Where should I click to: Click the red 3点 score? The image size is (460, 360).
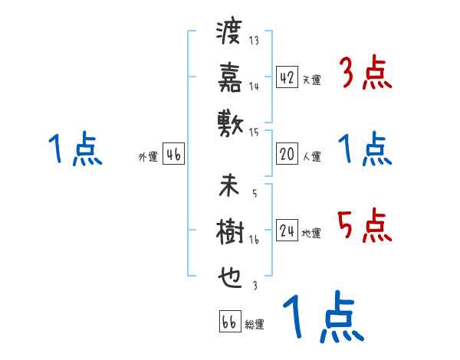(364, 74)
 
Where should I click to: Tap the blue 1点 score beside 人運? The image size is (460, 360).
(364, 150)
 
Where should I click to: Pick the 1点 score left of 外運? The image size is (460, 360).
(74, 150)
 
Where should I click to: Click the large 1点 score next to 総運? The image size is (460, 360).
(322, 318)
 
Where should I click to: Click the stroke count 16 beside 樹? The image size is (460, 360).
(255, 240)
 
